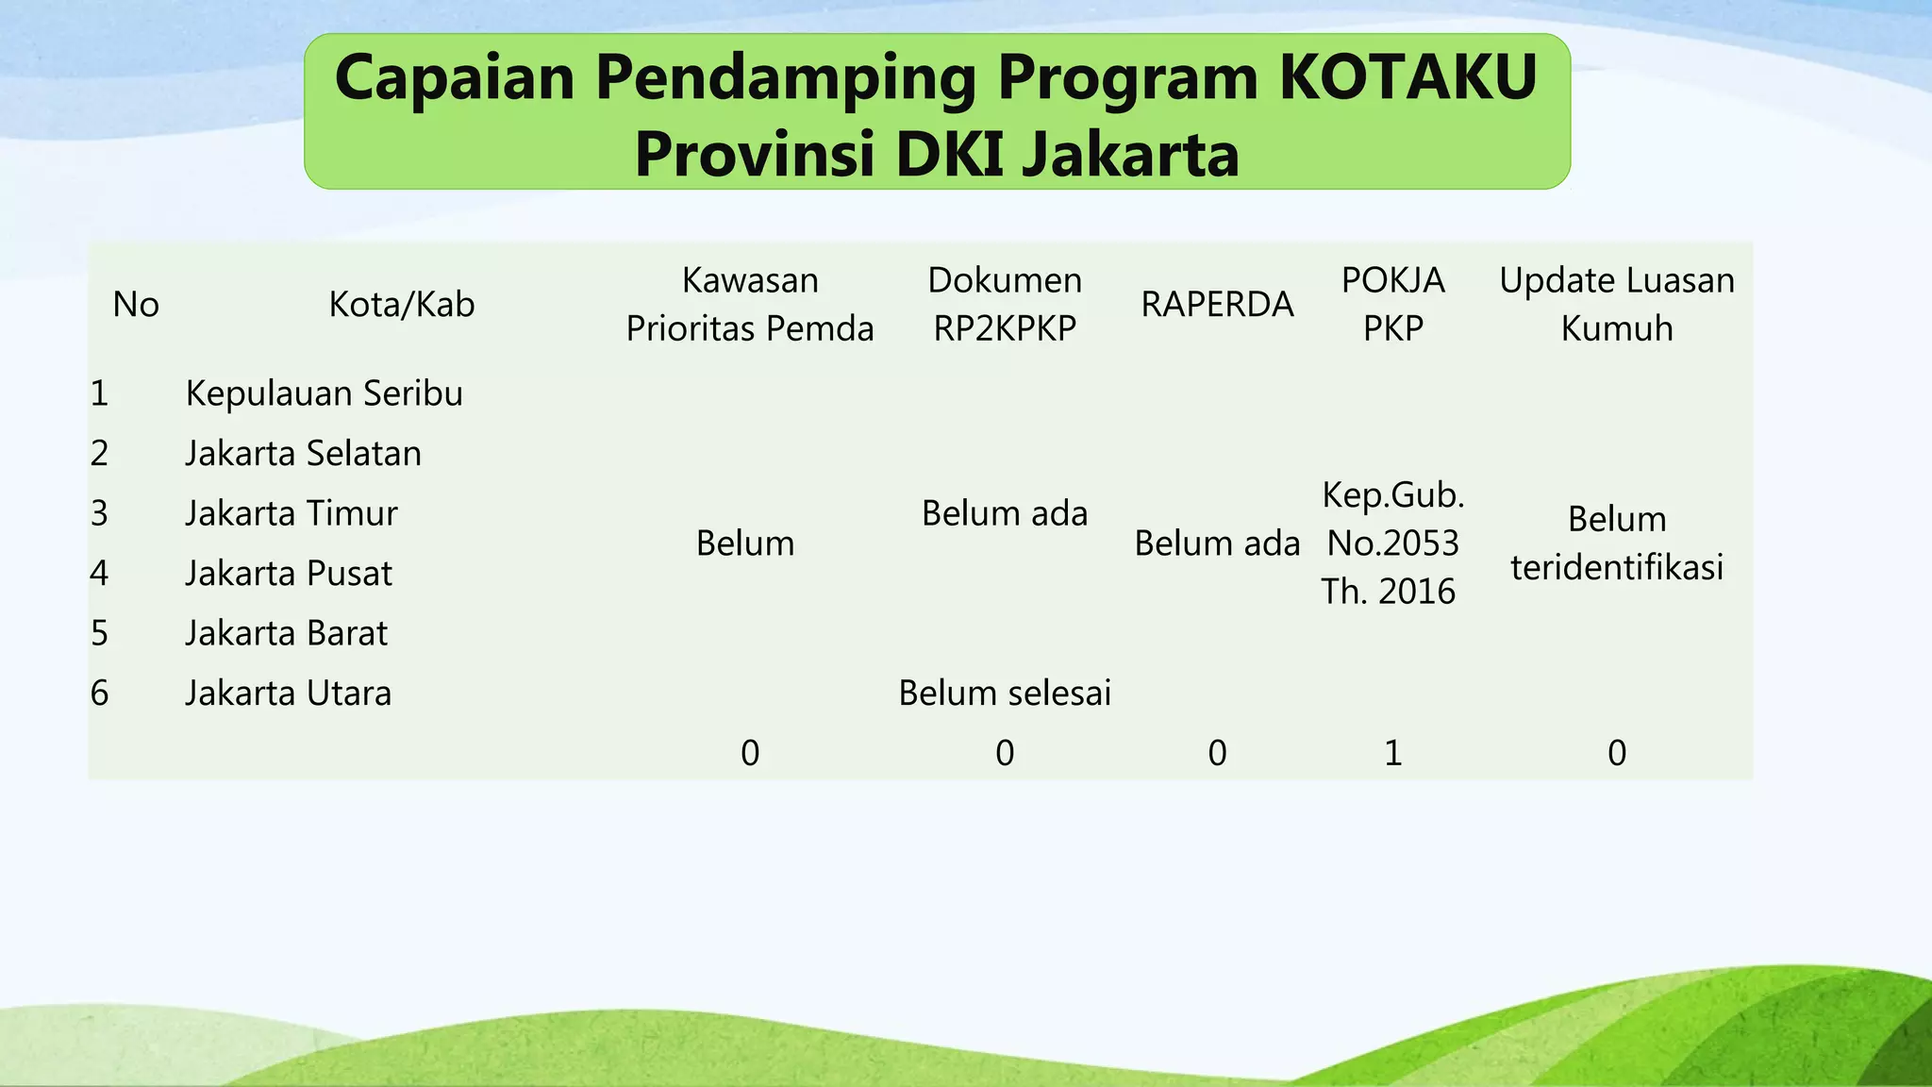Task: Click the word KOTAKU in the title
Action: click(1407, 77)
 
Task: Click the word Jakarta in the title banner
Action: click(1130, 155)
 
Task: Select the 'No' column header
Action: click(136, 305)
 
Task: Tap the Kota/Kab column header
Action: click(402, 305)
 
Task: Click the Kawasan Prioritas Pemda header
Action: click(750, 305)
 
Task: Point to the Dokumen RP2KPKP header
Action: click(1005, 305)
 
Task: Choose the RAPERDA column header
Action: click(1217, 305)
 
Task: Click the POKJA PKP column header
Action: click(1393, 305)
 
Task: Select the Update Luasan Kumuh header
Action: click(1617, 305)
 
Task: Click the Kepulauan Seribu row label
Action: click(325, 393)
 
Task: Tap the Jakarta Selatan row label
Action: click(304, 454)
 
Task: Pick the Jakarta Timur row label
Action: click(291, 513)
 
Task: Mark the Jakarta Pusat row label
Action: click(289, 574)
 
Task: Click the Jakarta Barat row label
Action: click(287, 633)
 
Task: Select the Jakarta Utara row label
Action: click(289, 694)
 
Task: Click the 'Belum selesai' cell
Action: click(1005, 694)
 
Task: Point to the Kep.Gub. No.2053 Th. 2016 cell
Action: click(1392, 543)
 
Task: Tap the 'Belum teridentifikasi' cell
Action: click(1617, 543)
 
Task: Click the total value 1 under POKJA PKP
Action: click(1393, 753)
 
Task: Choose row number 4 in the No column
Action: click(100, 574)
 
